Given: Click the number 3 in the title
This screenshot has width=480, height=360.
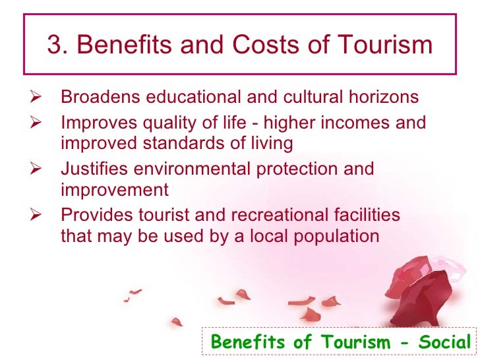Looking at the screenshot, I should click(55, 45).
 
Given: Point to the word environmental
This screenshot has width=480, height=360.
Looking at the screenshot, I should click(194, 169).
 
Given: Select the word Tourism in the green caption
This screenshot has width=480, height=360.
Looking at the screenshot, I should click(357, 342).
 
